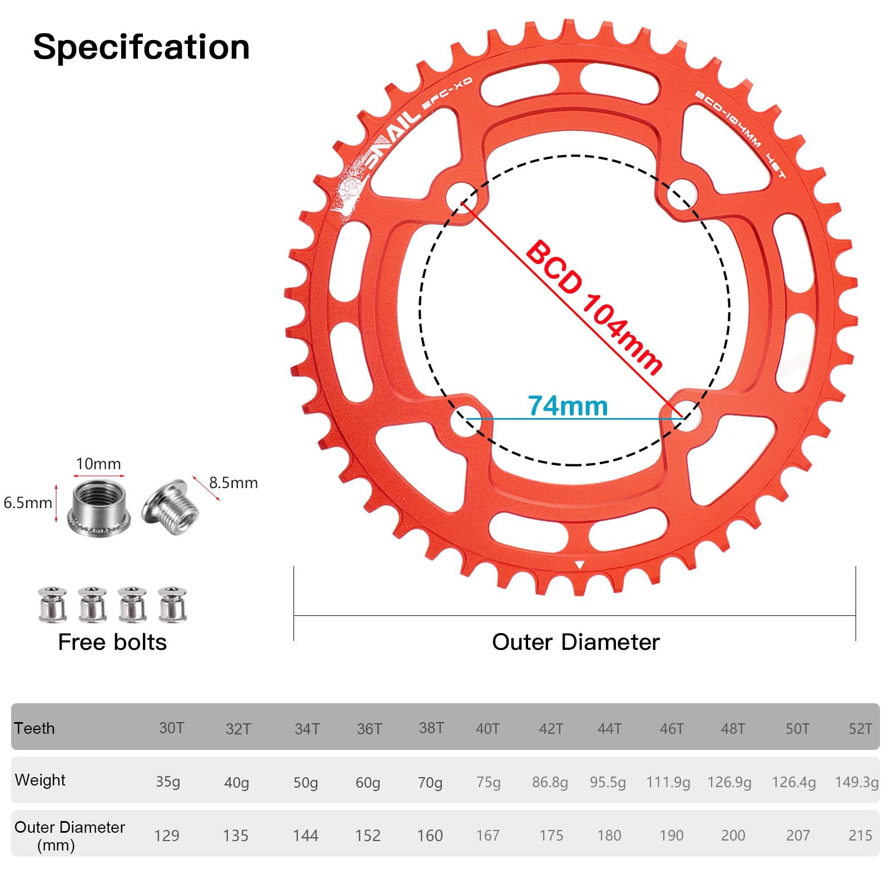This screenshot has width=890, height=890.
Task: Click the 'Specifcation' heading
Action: point(141,47)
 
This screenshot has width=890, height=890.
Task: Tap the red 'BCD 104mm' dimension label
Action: point(594,307)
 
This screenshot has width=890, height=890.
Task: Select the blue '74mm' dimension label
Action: point(568,406)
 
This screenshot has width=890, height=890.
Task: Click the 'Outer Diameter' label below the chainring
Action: point(575,642)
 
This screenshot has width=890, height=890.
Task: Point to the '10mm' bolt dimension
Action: point(98,464)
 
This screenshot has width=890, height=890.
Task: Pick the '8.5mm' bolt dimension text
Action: point(233,483)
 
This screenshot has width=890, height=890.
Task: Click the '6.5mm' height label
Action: point(28,503)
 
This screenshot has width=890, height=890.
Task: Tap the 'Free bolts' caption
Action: point(112,642)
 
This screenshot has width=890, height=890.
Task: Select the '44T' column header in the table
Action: point(609,728)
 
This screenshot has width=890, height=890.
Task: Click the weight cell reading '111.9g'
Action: point(668,782)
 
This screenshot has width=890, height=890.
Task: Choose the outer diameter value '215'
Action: point(861,836)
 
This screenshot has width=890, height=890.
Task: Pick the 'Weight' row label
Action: point(40,780)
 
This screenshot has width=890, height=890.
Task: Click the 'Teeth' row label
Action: point(34,728)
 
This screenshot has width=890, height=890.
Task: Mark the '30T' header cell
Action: point(171,728)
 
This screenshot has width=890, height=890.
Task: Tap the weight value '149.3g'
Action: point(857,782)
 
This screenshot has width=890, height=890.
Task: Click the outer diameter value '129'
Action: point(167,836)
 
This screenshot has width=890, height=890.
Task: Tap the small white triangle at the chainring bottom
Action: point(579,565)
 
